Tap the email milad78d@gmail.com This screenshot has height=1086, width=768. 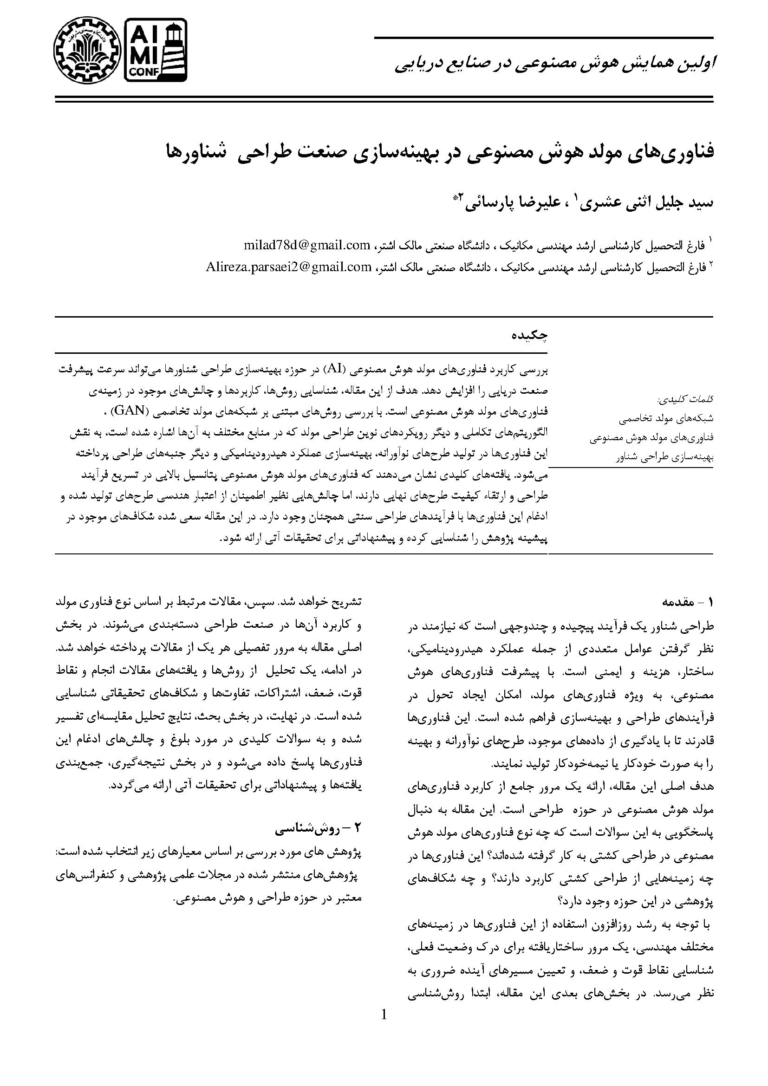click(x=307, y=246)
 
